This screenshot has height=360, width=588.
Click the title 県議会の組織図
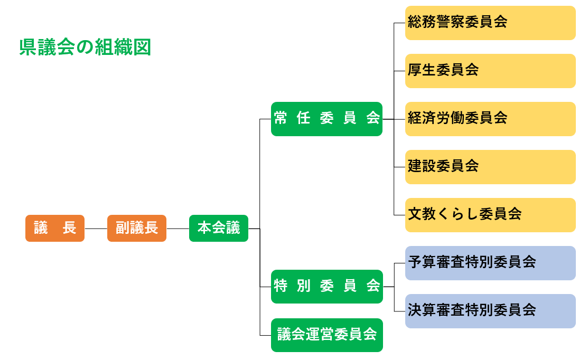(85, 48)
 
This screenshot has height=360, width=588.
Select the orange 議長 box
(55, 229)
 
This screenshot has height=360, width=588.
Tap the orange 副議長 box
(137, 229)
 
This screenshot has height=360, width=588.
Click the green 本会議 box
(219, 229)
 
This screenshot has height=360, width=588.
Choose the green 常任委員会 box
(326, 119)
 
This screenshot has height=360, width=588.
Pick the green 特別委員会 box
(326, 287)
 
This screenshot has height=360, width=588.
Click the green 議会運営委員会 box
(326, 335)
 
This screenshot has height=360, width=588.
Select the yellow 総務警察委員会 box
(490, 23)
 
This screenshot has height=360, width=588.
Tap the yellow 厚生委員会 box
(490, 71)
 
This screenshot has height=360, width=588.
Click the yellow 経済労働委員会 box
(490, 119)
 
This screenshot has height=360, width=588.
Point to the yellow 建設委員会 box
(490, 167)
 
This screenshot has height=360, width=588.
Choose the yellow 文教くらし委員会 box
(490, 215)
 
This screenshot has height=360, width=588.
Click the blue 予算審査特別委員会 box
(490, 263)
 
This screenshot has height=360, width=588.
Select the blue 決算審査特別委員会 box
(490, 311)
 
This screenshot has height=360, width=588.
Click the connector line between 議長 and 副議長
(96, 229)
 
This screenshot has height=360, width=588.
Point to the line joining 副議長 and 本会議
(178, 229)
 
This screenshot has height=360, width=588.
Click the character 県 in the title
(26, 48)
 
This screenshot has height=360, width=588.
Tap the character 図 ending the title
(143, 48)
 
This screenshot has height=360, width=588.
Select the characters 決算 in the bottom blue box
(422, 310)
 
